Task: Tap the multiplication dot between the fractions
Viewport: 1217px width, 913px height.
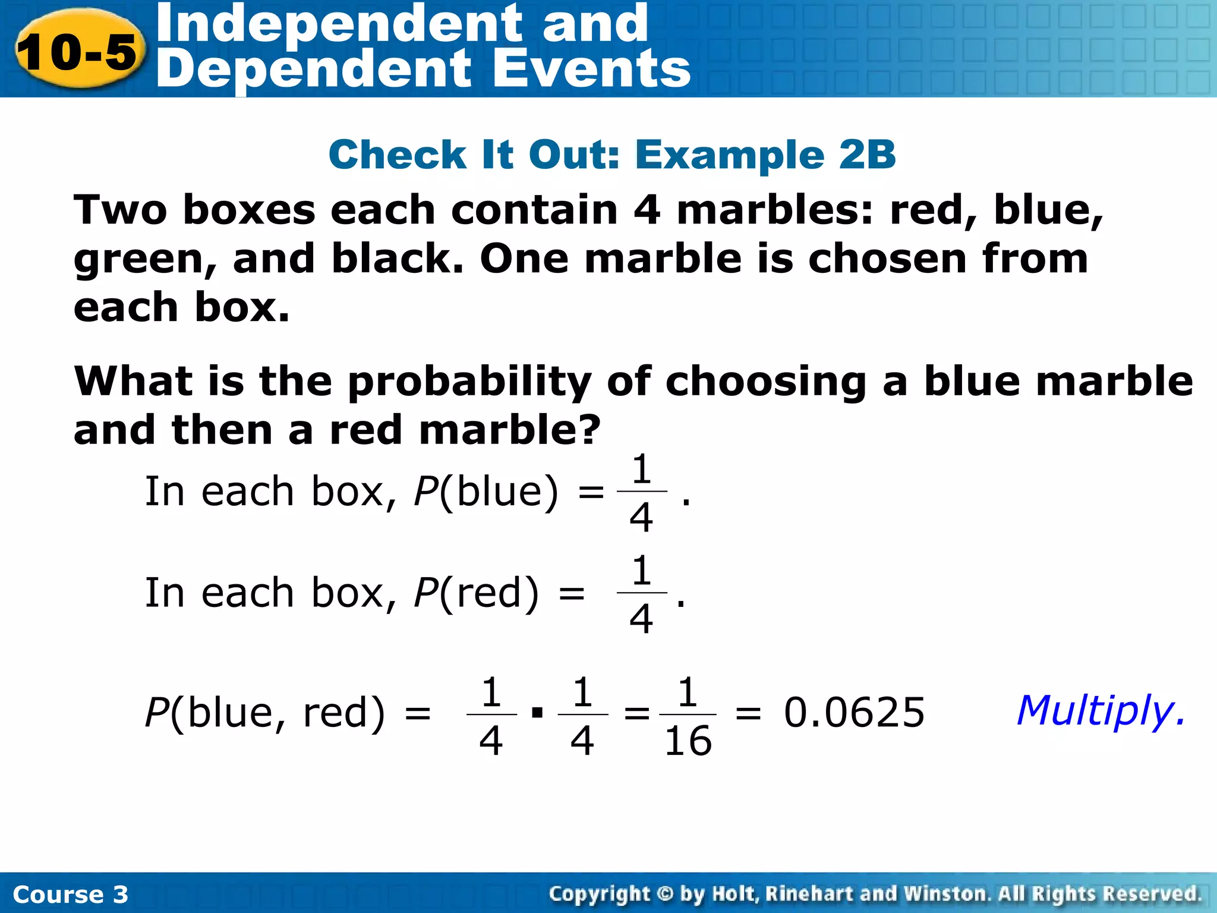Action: (537, 712)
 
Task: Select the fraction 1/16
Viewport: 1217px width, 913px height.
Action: (688, 716)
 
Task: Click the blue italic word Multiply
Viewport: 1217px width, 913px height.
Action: (1099, 711)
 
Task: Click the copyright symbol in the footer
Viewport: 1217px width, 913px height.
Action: (665, 893)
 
